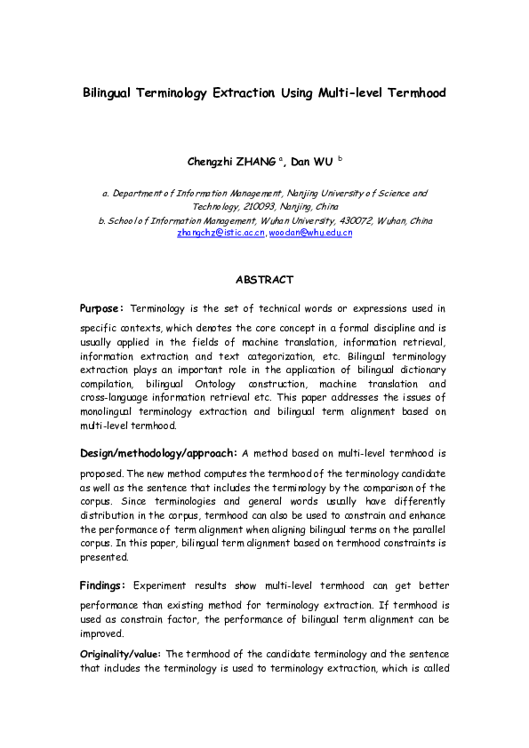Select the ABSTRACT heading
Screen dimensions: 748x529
tap(264, 280)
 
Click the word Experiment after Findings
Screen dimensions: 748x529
tap(160, 586)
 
